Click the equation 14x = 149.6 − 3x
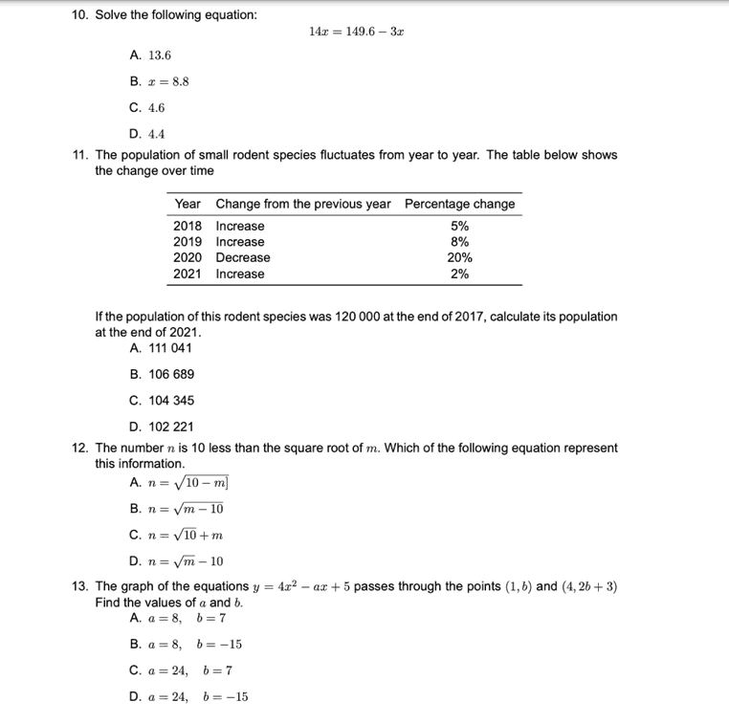pyautogui.click(x=356, y=32)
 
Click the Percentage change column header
pyautogui.click(x=459, y=204)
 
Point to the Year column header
pyautogui.click(x=188, y=204)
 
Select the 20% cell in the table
pyautogui.click(x=459, y=257)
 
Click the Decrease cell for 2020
pyautogui.click(x=243, y=257)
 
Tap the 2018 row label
pyautogui.click(x=188, y=226)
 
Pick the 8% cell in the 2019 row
pyautogui.click(x=459, y=242)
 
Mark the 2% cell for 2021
pyautogui.click(x=459, y=274)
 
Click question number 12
pyautogui.click(x=80, y=448)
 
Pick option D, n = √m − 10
pyautogui.click(x=176, y=561)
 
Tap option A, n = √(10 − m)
pyautogui.click(x=176, y=483)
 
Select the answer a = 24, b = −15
pyautogui.click(x=188, y=696)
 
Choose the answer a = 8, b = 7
pyautogui.click(x=181, y=618)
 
